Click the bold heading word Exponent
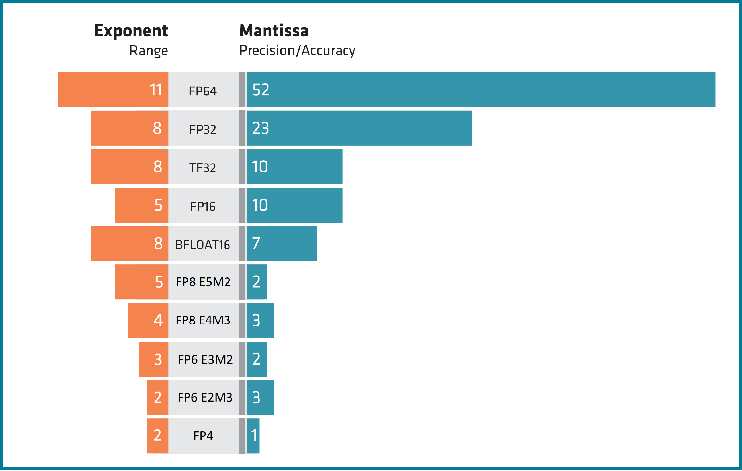click(x=131, y=31)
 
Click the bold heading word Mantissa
click(x=274, y=31)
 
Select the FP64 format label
click(x=202, y=91)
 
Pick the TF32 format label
click(x=202, y=168)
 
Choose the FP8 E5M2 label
click(x=203, y=282)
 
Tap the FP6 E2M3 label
click(x=205, y=397)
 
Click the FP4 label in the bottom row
click(x=203, y=436)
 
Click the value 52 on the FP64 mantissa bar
click(x=261, y=90)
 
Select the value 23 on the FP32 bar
click(x=261, y=128)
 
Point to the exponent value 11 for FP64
click(x=156, y=90)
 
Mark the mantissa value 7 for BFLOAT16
click(x=256, y=243)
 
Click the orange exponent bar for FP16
click(x=136, y=205)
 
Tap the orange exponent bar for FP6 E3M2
click(x=148, y=359)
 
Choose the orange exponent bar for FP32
click(x=123, y=128)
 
